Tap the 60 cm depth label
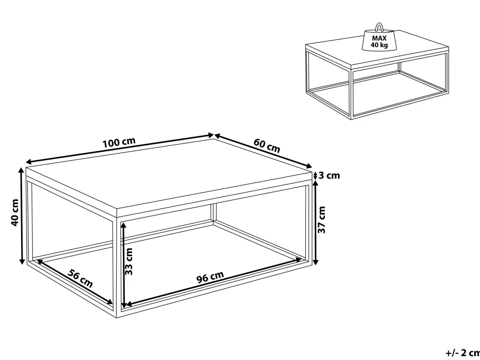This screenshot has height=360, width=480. [266, 145]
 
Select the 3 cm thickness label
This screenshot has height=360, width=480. [329, 175]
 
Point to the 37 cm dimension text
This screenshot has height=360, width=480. [322, 219]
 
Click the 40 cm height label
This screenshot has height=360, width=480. [15, 213]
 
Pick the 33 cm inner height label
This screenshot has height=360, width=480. [129, 261]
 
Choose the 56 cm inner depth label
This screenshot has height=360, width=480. [80, 278]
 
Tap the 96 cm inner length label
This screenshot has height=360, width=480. [210, 277]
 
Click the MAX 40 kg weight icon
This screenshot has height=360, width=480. [380, 38]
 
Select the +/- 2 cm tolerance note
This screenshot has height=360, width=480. [463, 353]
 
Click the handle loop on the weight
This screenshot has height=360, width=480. [379, 27]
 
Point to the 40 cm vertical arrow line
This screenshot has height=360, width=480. [22, 216]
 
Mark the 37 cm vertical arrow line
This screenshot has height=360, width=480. [316, 223]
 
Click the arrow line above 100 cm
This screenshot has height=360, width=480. [120, 148]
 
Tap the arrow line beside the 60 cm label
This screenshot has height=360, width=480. [263, 151]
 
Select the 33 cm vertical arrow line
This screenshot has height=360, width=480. [123, 265]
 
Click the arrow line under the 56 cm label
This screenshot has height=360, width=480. [75, 282]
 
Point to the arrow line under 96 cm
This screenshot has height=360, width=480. [214, 282]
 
